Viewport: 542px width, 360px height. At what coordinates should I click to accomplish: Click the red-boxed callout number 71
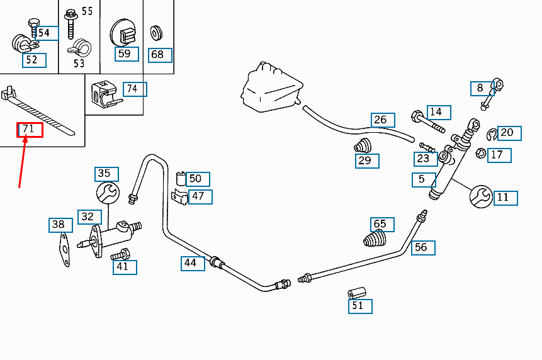click(x=30, y=130)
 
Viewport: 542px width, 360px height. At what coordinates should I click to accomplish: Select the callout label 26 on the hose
click(x=383, y=120)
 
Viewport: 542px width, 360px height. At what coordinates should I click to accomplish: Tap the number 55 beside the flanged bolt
click(x=87, y=11)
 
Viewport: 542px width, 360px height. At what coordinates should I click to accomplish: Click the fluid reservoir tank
click(x=272, y=87)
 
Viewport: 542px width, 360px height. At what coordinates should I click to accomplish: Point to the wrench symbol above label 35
click(x=108, y=193)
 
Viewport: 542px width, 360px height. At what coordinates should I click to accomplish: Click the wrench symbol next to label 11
click(x=481, y=196)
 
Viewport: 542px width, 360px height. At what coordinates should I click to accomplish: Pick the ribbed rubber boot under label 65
click(x=375, y=239)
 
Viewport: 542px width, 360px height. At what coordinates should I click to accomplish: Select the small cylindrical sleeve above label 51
click(x=357, y=293)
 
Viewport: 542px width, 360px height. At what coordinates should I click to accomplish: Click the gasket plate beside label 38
click(x=64, y=249)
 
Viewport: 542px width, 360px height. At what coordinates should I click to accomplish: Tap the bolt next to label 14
click(x=427, y=121)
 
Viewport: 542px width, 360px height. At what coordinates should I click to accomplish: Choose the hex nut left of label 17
click(x=481, y=153)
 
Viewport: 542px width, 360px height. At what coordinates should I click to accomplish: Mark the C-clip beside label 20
click(x=492, y=135)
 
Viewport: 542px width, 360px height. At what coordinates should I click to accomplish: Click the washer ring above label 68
click(x=157, y=33)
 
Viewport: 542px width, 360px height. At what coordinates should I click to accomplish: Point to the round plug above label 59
click(x=123, y=33)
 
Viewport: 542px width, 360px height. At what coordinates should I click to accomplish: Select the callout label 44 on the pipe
click(x=193, y=263)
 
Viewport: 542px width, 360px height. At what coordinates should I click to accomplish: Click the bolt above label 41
click(x=120, y=255)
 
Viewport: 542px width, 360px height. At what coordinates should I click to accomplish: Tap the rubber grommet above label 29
click(x=363, y=145)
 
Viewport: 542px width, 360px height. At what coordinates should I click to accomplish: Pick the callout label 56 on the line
click(x=423, y=248)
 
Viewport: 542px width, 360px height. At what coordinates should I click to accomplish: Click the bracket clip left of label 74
click(x=105, y=93)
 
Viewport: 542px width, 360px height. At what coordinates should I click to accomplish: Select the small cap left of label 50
click(x=181, y=179)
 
